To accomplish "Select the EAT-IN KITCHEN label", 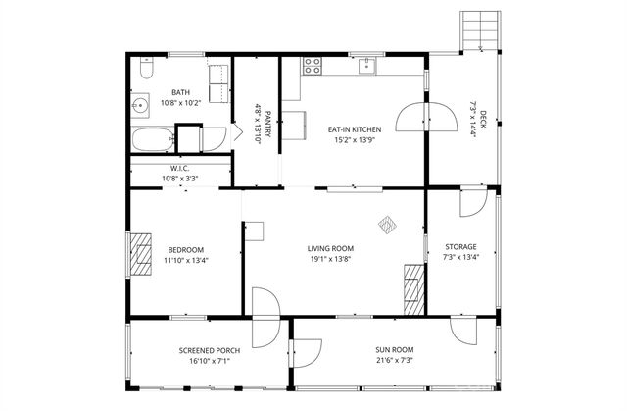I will pyautogui.click(x=354, y=129).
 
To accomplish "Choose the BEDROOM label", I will pyautogui.click(x=185, y=249).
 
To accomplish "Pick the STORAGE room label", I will pyautogui.click(x=460, y=247).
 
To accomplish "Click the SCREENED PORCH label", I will pyautogui.click(x=204, y=350).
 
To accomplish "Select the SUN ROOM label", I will pyautogui.click(x=395, y=349).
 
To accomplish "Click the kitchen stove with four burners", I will pyautogui.click(x=313, y=67).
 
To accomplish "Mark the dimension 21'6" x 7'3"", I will pyautogui.click(x=395, y=361).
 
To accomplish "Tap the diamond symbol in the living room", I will pyautogui.click(x=388, y=224).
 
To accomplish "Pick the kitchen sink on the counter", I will pyautogui.click(x=366, y=66).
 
